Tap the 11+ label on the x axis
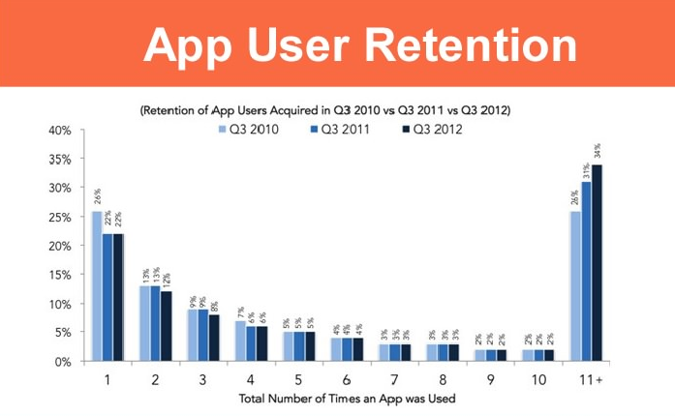point(593,380)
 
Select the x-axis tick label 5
point(298,380)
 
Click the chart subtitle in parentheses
point(325,110)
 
